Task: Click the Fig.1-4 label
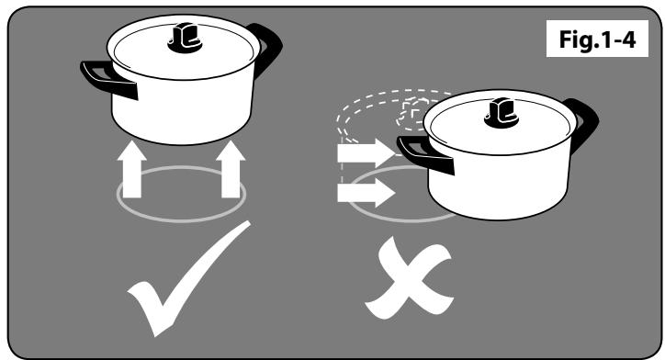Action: pyautogui.click(x=597, y=39)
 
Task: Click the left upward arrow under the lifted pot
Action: pyautogui.click(x=132, y=170)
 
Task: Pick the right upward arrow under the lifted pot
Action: pyautogui.click(x=231, y=170)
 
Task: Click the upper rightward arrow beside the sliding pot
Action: pyautogui.click(x=366, y=153)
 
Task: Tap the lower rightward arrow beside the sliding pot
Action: pyautogui.click(x=366, y=193)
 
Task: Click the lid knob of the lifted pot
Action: pyautogui.click(x=185, y=38)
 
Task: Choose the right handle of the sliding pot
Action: pyautogui.click(x=584, y=123)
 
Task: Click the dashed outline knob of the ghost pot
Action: pyautogui.click(x=411, y=113)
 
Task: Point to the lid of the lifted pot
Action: pyautogui.click(x=183, y=47)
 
